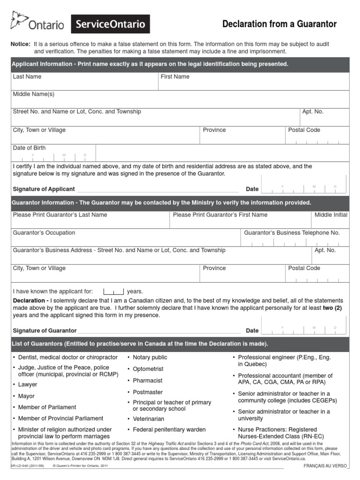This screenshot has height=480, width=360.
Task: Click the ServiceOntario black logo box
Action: [x=110, y=24]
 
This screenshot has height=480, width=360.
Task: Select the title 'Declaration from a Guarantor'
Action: [x=279, y=24]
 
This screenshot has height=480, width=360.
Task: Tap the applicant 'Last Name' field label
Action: [x=27, y=76]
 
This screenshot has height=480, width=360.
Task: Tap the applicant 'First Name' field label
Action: [x=175, y=76]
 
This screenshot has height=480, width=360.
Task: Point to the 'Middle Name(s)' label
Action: [x=34, y=94]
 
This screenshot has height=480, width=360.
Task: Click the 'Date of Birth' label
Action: [x=30, y=148]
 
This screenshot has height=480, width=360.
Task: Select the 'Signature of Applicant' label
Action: [x=44, y=189]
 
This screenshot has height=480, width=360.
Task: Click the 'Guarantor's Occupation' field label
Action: [x=44, y=232]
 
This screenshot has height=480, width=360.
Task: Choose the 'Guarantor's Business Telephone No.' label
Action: [x=292, y=232]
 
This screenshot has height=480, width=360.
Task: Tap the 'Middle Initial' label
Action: [x=331, y=215]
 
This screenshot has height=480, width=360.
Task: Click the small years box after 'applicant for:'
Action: [x=113, y=291]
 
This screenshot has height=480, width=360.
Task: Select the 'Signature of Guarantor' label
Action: [x=45, y=330]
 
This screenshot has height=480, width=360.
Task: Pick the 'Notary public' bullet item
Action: [x=150, y=357]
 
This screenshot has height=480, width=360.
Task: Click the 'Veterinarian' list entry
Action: [x=149, y=419]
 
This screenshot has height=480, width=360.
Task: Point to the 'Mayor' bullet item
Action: [x=26, y=396]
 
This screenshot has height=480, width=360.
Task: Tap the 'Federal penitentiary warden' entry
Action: [x=169, y=429]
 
